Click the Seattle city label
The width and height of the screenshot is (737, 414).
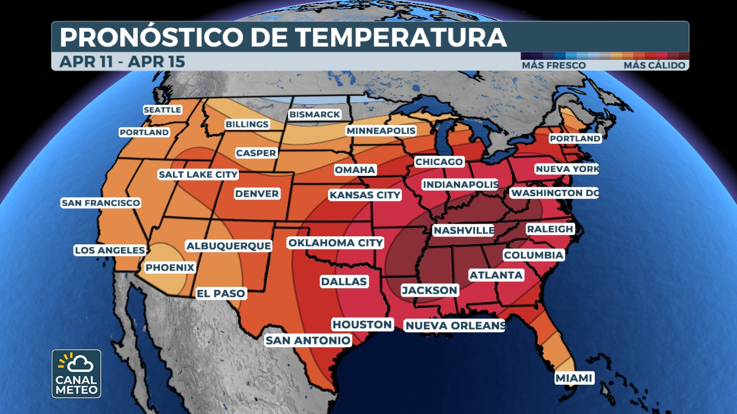coord(162,110)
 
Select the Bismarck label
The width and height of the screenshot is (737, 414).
coord(314,114)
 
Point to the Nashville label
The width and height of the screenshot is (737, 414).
coord(464,231)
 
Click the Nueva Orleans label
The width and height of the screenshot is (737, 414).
coord(455,326)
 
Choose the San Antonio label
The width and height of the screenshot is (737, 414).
coord(307,340)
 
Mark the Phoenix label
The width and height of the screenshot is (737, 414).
coord(170,267)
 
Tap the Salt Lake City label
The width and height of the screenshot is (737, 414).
coord(198,174)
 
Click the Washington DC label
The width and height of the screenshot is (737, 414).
coord(554,193)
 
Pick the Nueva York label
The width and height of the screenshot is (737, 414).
coord(567,169)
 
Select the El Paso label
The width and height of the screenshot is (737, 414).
coord(221,293)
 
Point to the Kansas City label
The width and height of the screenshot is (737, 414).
coord(364,195)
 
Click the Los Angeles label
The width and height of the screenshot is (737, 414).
coord(109,250)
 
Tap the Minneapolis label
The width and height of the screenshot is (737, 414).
coord(381,131)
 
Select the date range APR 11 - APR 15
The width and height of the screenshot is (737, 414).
coord(122,62)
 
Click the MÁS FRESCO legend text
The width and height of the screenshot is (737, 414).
coord(553,66)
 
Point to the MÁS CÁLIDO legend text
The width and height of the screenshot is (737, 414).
coord(654,66)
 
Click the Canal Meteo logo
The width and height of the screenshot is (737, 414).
coord(76,374)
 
